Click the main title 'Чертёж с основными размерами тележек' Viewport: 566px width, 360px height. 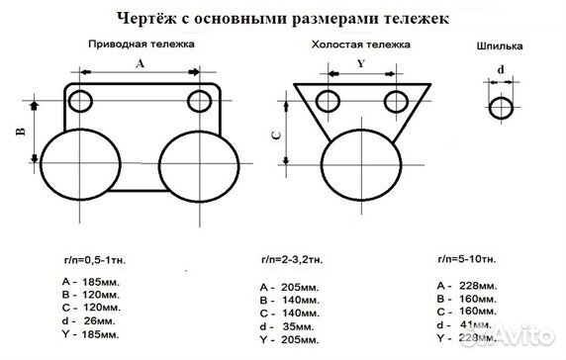tap(282, 18)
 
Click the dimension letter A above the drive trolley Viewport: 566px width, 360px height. tap(139, 62)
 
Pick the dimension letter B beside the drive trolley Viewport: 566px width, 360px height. tap(20, 134)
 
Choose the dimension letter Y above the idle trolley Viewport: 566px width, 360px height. tap(361, 62)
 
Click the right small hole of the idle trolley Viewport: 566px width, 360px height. tap(398, 100)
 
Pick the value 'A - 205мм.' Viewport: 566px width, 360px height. tap(288, 286)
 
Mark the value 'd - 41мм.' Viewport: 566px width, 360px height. tap(464, 324)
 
